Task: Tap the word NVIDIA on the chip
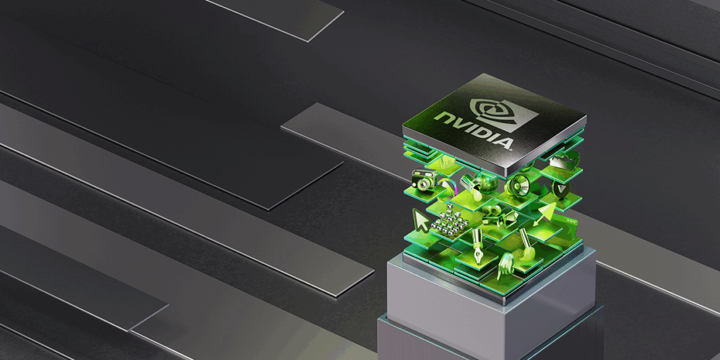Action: pyautogui.click(x=474, y=130)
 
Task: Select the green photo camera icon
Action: pyautogui.click(x=424, y=179)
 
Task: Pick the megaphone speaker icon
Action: pyautogui.click(x=518, y=184)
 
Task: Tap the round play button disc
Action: pyautogui.click(x=560, y=189)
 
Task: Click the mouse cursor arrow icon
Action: pyautogui.click(x=421, y=220)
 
